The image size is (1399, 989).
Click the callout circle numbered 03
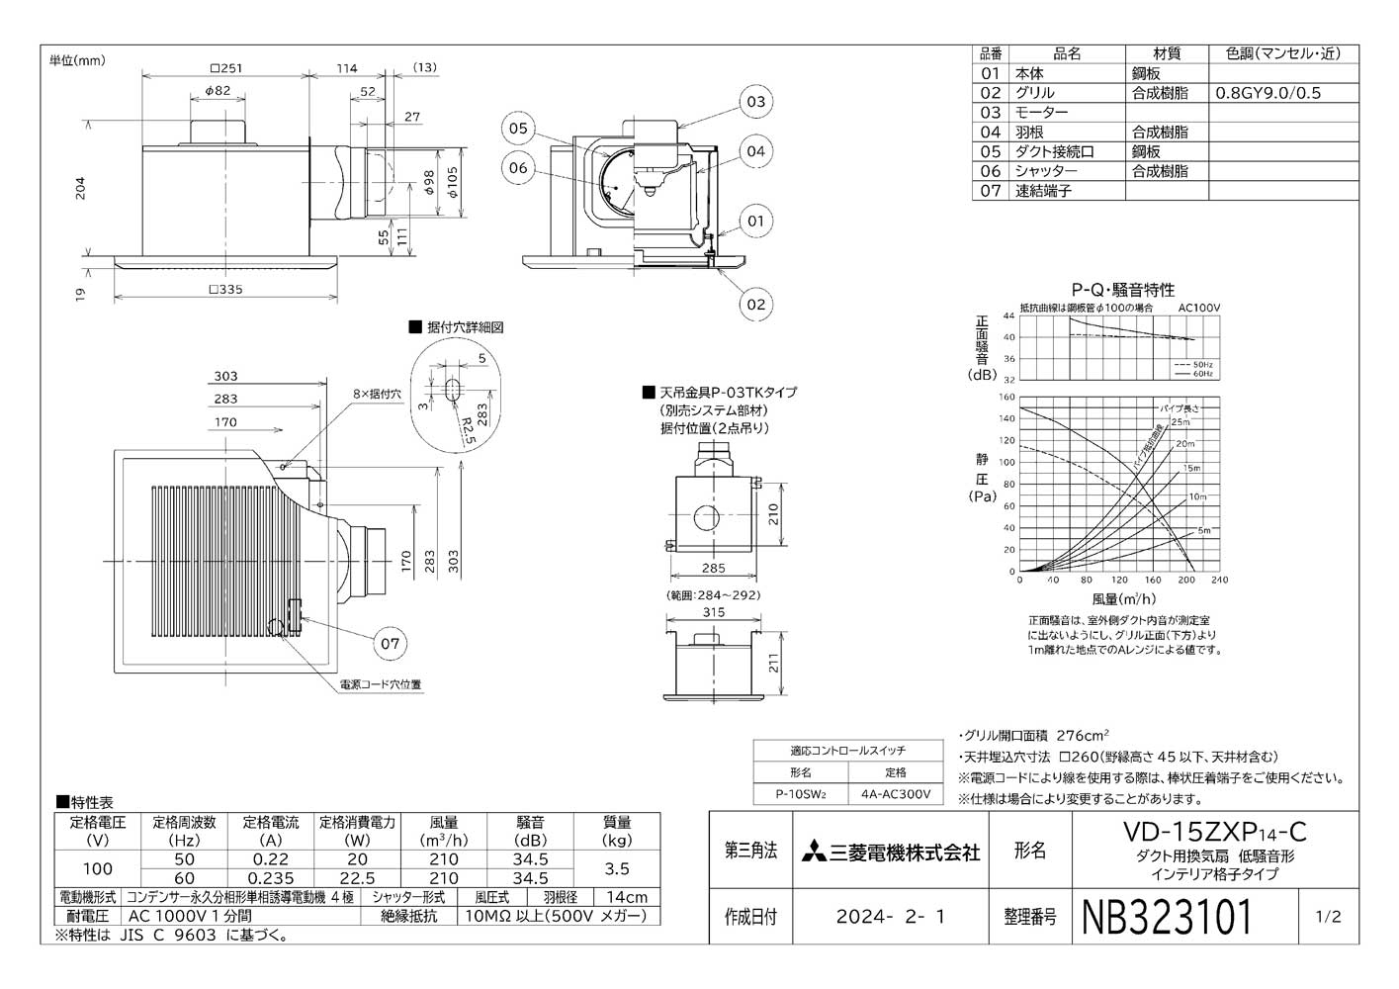(755, 102)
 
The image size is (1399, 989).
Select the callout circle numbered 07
(391, 644)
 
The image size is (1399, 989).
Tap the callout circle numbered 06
(519, 167)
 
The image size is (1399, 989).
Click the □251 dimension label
(226, 68)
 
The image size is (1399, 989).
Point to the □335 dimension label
(226, 289)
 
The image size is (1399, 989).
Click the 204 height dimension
(82, 189)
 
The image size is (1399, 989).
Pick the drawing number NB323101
(1168, 917)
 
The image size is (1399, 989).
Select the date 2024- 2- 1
(890, 917)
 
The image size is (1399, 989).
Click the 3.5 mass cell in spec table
(618, 868)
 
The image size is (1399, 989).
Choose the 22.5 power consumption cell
(357, 878)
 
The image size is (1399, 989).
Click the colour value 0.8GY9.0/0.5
(1268, 93)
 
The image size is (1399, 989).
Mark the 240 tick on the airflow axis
(1219, 581)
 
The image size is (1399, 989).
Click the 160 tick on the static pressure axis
(1007, 397)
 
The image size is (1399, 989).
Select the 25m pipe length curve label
(1180, 422)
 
